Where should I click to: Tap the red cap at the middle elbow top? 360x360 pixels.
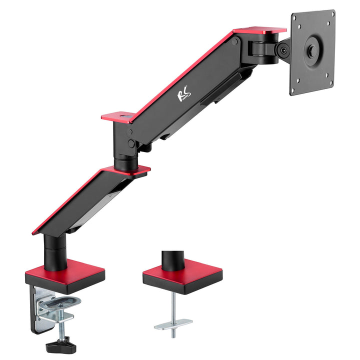click(x=118, y=117)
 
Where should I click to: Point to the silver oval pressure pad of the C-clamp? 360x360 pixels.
click(x=62, y=302)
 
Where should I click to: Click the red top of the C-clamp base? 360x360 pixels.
click(x=65, y=270)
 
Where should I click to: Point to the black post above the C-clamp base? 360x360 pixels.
click(x=54, y=252)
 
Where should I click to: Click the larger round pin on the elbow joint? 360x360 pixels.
click(x=131, y=143)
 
